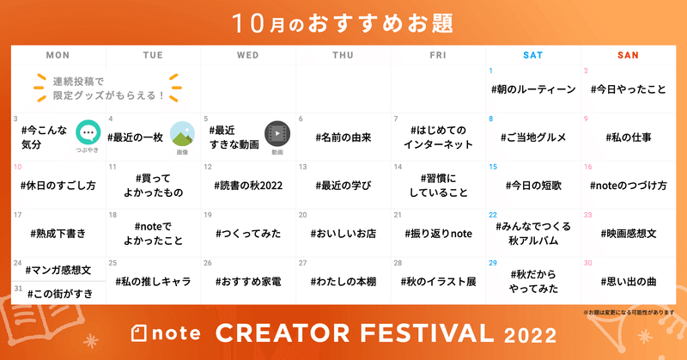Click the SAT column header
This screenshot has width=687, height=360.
coord(532,55)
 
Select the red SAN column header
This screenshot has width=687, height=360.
coord(628,55)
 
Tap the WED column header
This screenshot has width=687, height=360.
coord(248,55)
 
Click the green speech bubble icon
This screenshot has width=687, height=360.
coord(88,132)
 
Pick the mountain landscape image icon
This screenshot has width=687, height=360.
coord(182,134)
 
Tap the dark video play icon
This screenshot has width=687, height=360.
coord(277,133)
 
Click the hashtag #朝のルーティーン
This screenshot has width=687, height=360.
coord(533,89)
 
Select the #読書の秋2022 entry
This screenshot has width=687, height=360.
coord(248,186)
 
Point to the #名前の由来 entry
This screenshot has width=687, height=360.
coord(343,137)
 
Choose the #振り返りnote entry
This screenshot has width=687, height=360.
coord(439,234)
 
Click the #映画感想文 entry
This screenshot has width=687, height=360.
coord(629,234)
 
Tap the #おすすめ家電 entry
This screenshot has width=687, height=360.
coord(248,282)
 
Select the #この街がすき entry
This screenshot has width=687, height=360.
coord(60,294)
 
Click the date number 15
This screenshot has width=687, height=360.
coord(493,167)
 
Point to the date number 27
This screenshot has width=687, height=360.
coord(303,263)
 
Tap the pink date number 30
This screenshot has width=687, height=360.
coord(588,263)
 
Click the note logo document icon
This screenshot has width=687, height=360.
coord(139,333)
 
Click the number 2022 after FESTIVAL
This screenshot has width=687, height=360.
coord(530,335)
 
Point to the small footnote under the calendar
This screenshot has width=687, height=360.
coord(629,313)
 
